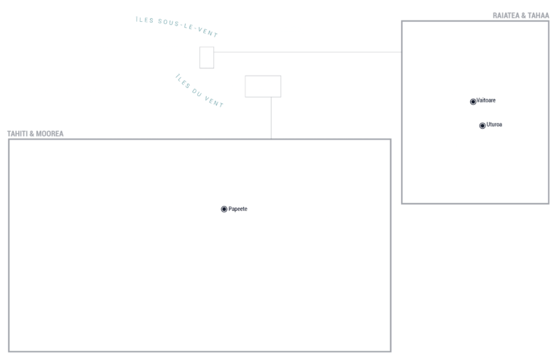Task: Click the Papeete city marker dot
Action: pos(224,209)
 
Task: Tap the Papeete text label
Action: pos(238,209)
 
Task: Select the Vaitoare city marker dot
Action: pos(473,102)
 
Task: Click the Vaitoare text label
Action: pos(486,100)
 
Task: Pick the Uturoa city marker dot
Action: pos(483,126)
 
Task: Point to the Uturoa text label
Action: pos(494,124)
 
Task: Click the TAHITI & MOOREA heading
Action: pos(35,134)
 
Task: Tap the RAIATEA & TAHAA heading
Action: pos(521,15)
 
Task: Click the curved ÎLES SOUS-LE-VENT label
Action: pos(177,26)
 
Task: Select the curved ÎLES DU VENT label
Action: pos(199,91)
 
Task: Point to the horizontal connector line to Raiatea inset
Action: pos(308,52)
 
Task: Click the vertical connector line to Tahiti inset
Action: pos(271,118)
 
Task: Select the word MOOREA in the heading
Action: pos(49,134)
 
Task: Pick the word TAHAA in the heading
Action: pos(539,15)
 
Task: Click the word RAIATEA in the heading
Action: pos(507,15)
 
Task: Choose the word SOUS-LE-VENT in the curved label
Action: pos(188,28)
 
